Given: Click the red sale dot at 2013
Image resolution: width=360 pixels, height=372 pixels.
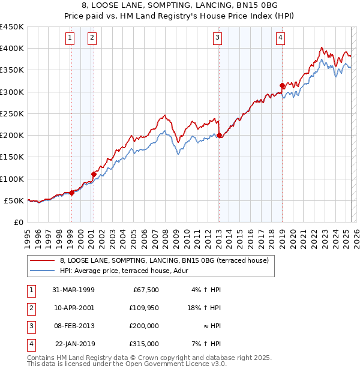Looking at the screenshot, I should (219, 135).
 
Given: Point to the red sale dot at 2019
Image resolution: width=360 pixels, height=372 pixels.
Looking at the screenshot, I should (282, 85).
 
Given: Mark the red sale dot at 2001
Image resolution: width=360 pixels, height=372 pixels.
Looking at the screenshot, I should (93, 174).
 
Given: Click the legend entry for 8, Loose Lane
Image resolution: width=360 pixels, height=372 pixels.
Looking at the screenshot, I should (168, 260).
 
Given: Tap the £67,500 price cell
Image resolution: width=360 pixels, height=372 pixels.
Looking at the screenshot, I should (144, 290).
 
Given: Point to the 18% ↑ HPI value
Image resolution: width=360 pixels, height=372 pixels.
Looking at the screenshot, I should (202, 307).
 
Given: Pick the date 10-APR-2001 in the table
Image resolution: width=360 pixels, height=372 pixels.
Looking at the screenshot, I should (73, 307).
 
